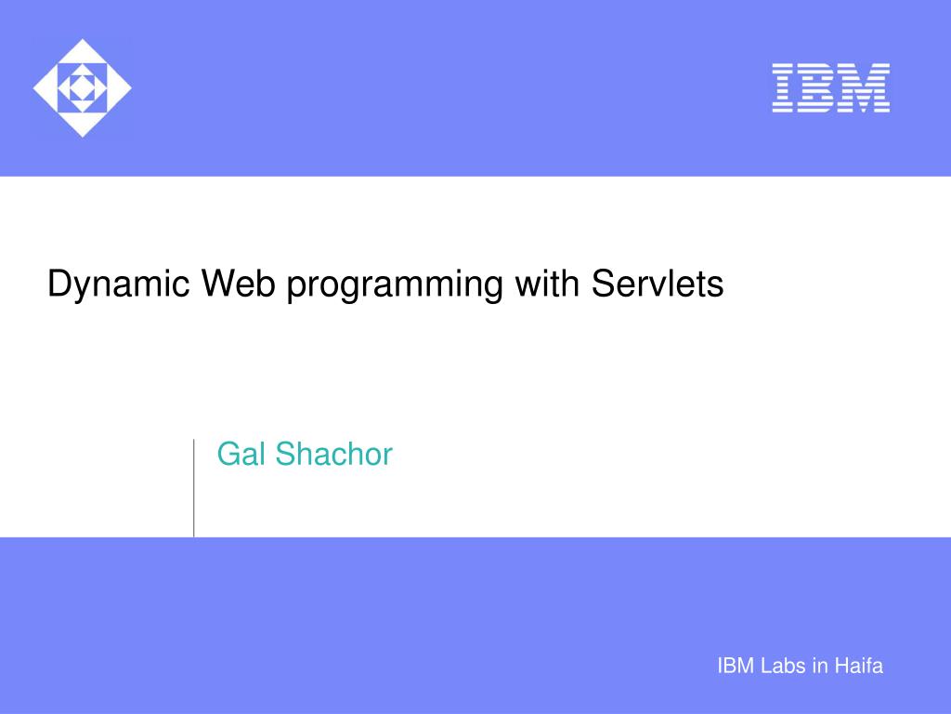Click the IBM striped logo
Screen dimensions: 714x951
(830, 88)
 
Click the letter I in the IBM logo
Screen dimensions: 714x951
(782, 88)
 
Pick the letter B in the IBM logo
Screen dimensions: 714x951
(816, 88)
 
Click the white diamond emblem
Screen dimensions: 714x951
(82, 88)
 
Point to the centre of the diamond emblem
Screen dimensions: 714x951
(82, 88)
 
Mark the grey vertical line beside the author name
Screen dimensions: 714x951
(194, 487)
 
